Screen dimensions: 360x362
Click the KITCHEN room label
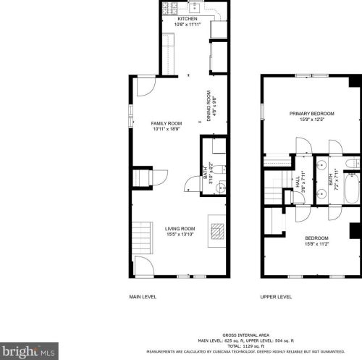(188, 20)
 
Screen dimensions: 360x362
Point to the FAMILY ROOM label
(166, 124)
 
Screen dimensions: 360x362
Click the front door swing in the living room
(144, 267)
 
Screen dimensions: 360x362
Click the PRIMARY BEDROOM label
(312, 114)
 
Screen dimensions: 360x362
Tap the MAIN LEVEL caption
(143, 297)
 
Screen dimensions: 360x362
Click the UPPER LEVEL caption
(276, 297)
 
